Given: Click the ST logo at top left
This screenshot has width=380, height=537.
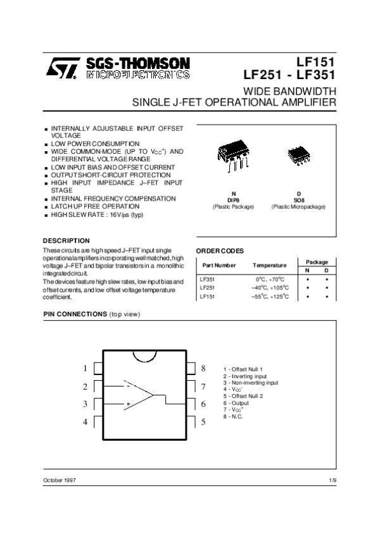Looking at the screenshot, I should [63, 68].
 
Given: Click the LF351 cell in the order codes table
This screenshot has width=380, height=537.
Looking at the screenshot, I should [208, 278].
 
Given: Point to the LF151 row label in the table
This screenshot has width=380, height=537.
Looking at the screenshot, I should [208, 296].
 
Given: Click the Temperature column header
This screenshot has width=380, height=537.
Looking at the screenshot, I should [269, 265].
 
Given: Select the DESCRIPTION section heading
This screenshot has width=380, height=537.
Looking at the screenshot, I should [66, 241].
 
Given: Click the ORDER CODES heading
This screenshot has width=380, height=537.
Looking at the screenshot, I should [220, 251].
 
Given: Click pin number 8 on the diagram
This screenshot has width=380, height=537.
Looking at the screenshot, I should [203, 368].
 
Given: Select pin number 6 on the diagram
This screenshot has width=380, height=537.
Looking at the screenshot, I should [203, 404].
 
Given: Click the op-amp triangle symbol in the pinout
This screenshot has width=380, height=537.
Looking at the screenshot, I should [140, 395].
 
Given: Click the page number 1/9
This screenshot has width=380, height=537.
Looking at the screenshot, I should [333, 483].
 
